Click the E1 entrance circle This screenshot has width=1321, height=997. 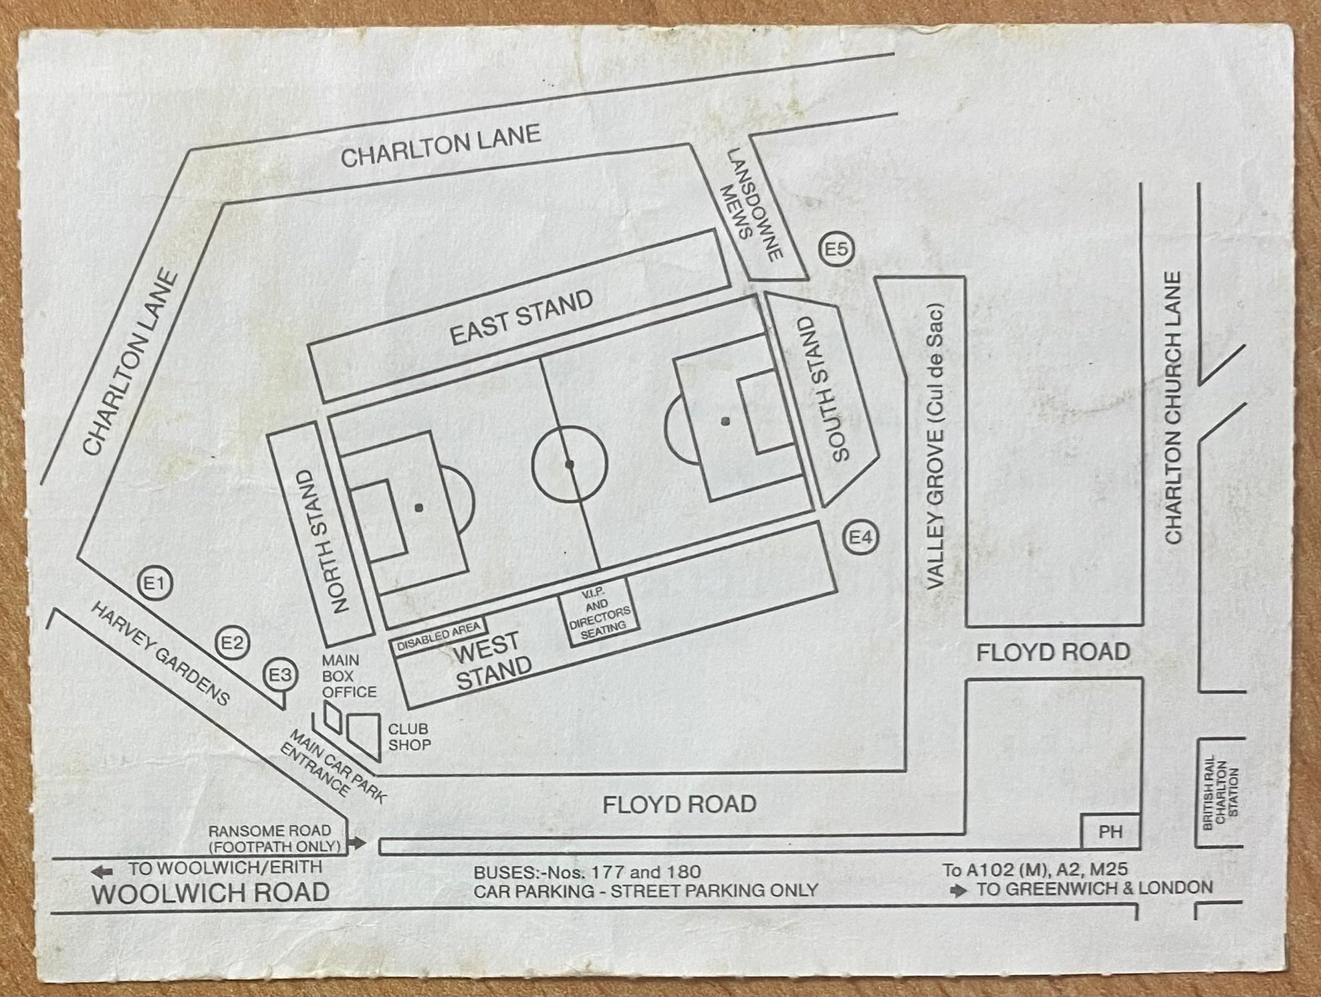[x=154, y=584]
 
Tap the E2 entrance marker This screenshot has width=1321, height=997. [x=232, y=643]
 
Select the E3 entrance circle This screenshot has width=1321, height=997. [x=280, y=675]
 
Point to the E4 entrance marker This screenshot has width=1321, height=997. [x=860, y=538]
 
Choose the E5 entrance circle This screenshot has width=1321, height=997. [x=836, y=250]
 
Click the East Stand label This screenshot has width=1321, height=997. [x=521, y=318]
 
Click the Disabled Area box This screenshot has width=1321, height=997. [x=439, y=636]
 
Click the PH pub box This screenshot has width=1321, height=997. [x=1110, y=832]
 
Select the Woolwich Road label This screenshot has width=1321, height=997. [x=210, y=893]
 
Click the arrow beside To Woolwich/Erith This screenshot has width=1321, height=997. [x=102, y=871]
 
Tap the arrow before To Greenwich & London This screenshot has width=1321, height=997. [x=959, y=891]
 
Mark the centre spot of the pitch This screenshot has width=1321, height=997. [x=570, y=463]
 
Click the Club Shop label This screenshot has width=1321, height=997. [x=409, y=736]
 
